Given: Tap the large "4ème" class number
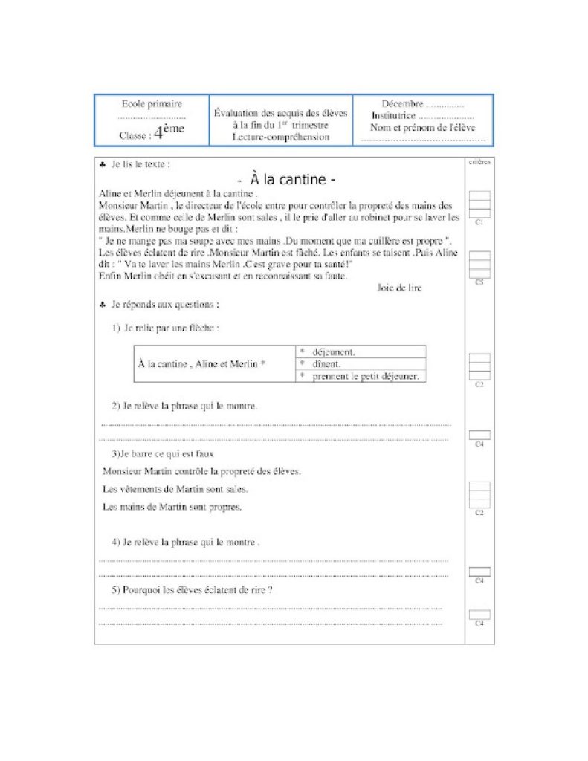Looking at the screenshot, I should [168, 133].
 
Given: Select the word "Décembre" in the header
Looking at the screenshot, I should [403, 104].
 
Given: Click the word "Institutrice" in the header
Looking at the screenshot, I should [394, 116].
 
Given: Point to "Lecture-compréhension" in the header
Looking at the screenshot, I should [280, 137].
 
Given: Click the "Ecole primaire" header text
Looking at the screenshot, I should [152, 104].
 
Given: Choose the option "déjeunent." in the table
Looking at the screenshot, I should [334, 352].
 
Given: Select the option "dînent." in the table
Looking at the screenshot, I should [327, 364].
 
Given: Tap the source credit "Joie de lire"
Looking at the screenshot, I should [399, 288].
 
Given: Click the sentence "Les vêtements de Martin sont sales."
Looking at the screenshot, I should [175, 489].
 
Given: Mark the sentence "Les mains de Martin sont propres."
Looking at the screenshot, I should [172, 507].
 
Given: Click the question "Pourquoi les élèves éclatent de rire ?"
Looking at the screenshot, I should [192, 590].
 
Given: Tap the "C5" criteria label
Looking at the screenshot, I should [479, 282].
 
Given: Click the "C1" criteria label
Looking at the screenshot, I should [479, 222].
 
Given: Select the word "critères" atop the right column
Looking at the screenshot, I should [479, 161].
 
